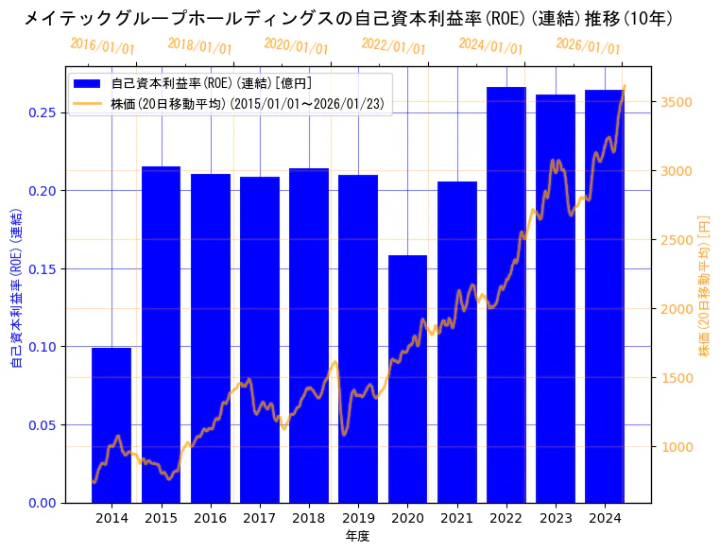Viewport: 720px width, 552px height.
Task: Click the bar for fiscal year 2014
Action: pos(111,425)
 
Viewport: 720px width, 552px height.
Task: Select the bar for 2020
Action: pos(407,378)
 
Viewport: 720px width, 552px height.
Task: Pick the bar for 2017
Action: pos(260,340)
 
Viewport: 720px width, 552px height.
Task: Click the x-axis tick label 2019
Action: pos(358,518)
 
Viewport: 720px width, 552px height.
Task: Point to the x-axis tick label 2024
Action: pos(605,518)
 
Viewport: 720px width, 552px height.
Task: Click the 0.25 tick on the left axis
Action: pos(43,112)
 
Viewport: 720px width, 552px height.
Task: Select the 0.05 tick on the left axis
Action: pos(43,424)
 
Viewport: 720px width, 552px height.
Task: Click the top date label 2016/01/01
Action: pos(102,46)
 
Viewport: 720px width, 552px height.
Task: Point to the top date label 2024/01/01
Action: pos(490,46)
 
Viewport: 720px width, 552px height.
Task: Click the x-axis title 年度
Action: pos(357,536)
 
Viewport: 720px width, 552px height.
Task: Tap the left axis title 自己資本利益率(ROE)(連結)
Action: pos(16,287)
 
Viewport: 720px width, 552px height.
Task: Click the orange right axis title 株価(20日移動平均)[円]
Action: pos(703,286)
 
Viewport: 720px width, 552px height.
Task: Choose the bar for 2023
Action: pos(556,299)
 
